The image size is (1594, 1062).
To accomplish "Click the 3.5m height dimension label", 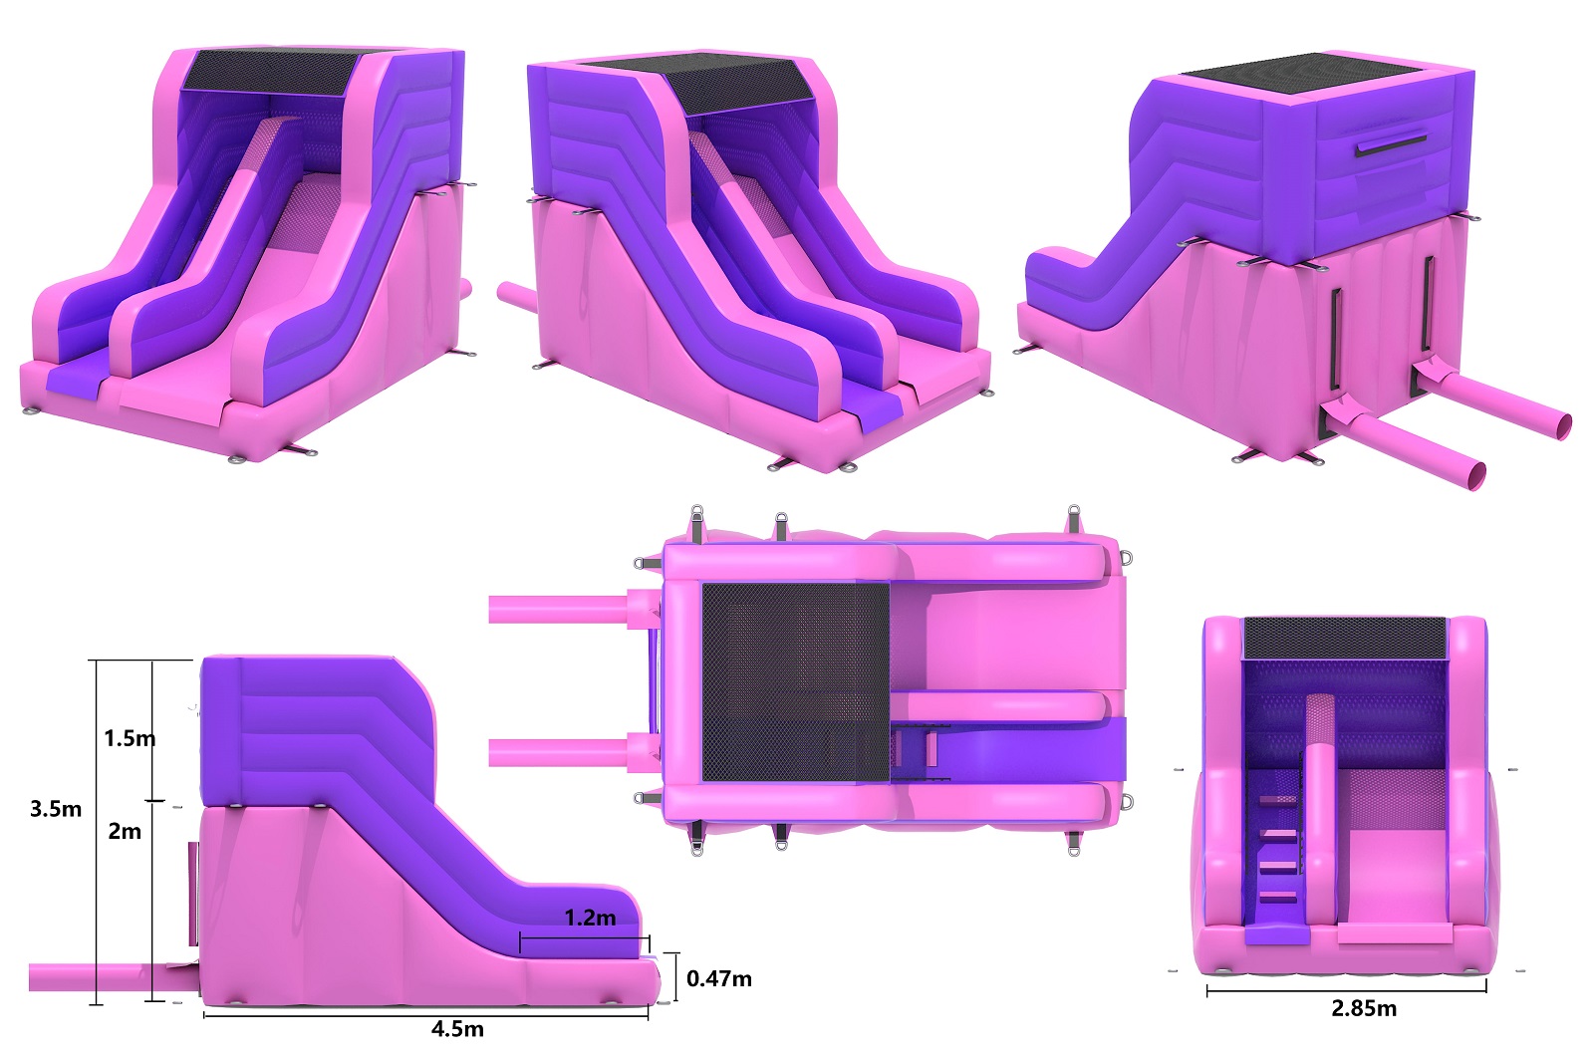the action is pyautogui.click(x=56, y=809).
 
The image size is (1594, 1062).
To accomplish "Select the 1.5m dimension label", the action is pyautogui.click(x=130, y=738).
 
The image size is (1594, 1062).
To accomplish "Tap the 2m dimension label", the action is pyautogui.click(x=125, y=831).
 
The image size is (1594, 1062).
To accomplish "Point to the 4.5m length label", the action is pyautogui.click(x=457, y=1028).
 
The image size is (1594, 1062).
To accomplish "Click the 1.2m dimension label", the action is pyautogui.click(x=590, y=918).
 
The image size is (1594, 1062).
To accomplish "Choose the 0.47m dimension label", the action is pyautogui.click(x=718, y=978).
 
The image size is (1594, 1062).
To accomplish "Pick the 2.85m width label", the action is pyautogui.click(x=1364, y=1008).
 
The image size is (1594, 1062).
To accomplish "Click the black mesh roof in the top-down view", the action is pyautogui.click(x=796, y=681).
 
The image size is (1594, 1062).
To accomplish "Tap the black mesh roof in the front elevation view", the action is pyautogui.click(x=1345, y=639).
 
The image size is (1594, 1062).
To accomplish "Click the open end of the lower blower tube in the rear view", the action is pyautogui.click(x=1476, y=475).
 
